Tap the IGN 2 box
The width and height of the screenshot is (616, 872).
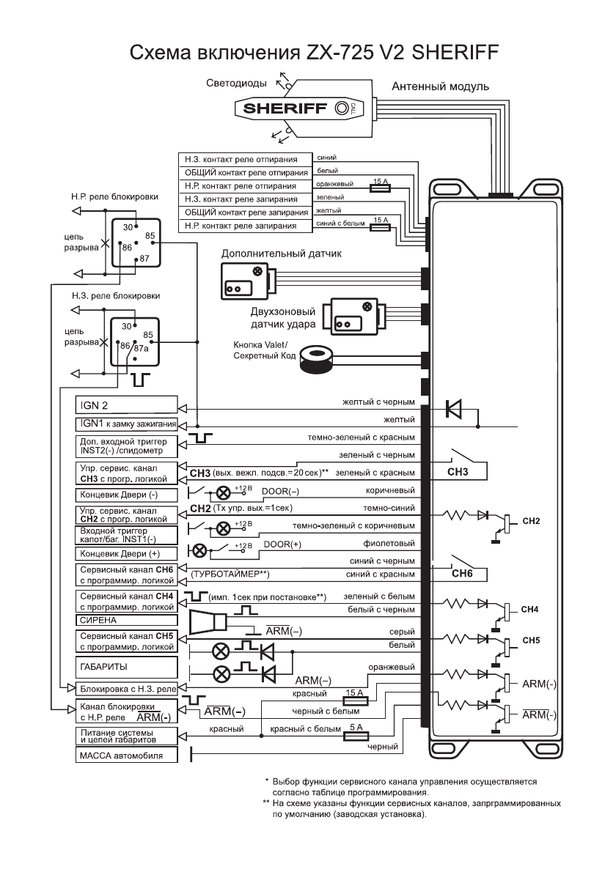pyautogui.click(x=126, y=404)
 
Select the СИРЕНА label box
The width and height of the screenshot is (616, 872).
pyautogui.click(x=126, y=619)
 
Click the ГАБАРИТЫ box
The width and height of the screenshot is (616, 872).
pyautogui.click(x=126, y=667)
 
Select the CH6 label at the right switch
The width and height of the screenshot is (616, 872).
pyautogui.click(x=463, y=574)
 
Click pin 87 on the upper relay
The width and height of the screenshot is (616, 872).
pyautogui.click(x=144, y=259)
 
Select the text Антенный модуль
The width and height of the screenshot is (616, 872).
pyautogui.click(x=440, y=86)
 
